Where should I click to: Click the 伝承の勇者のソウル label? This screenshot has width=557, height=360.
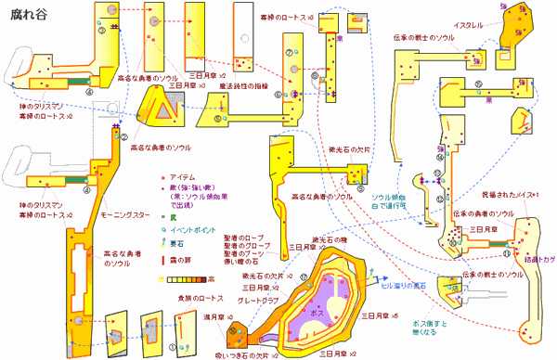[x=484, y=213]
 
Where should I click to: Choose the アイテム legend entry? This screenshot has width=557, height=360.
[x=181, y=175]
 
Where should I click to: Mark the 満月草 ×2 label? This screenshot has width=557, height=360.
[x=217, y=318]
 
